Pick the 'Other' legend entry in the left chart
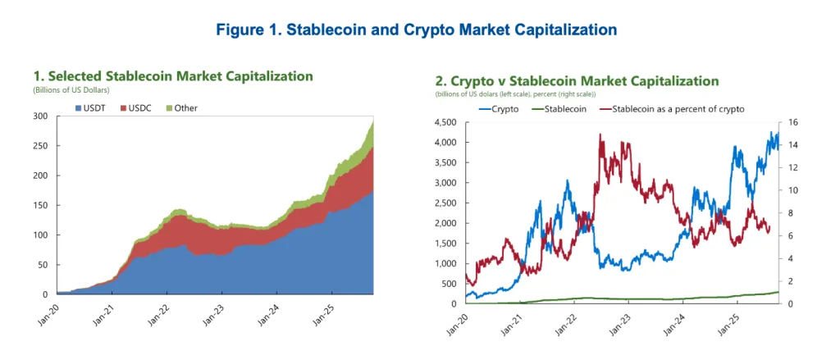[x=185, y=108]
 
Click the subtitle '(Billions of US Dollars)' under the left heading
[x=71, y=89]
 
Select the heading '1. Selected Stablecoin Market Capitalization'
[x=172, y=76]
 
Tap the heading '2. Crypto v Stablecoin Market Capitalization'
[x=577, y=81]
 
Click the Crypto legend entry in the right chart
[x=503, y=108]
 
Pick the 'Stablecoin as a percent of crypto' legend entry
[x=678, y=108]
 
